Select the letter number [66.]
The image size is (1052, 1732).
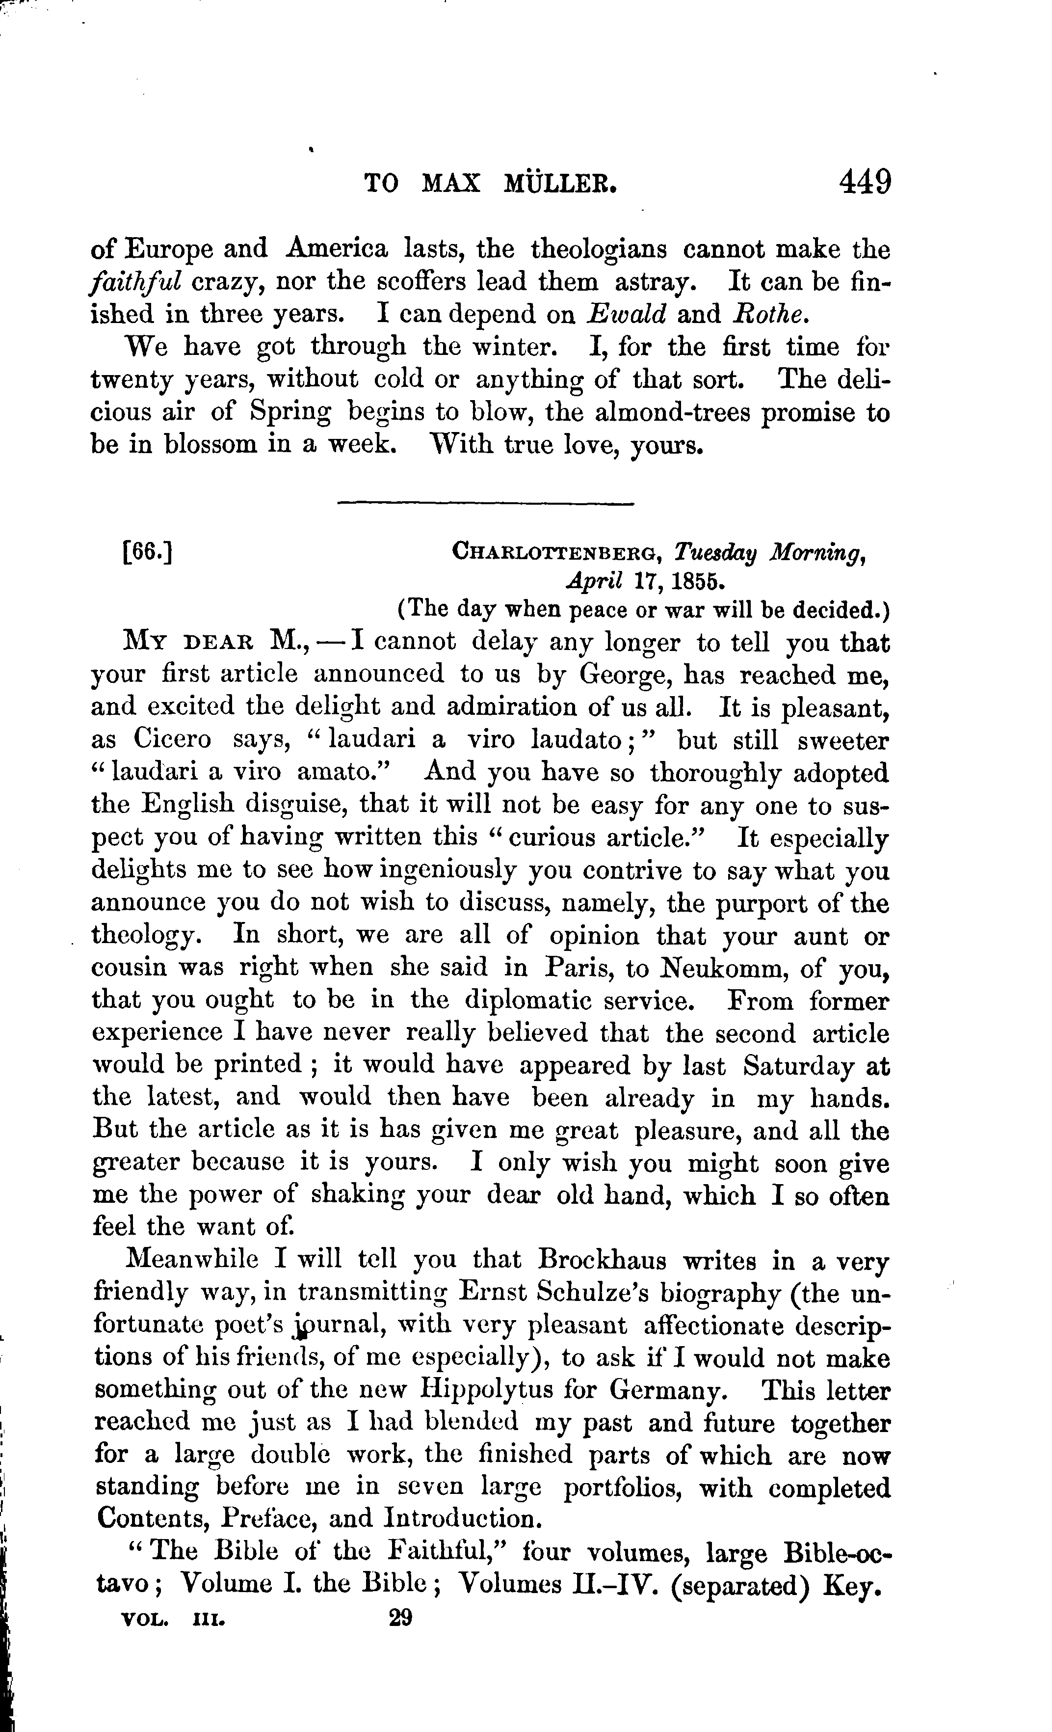[147, 552]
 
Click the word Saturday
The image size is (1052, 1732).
[798, 1066]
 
